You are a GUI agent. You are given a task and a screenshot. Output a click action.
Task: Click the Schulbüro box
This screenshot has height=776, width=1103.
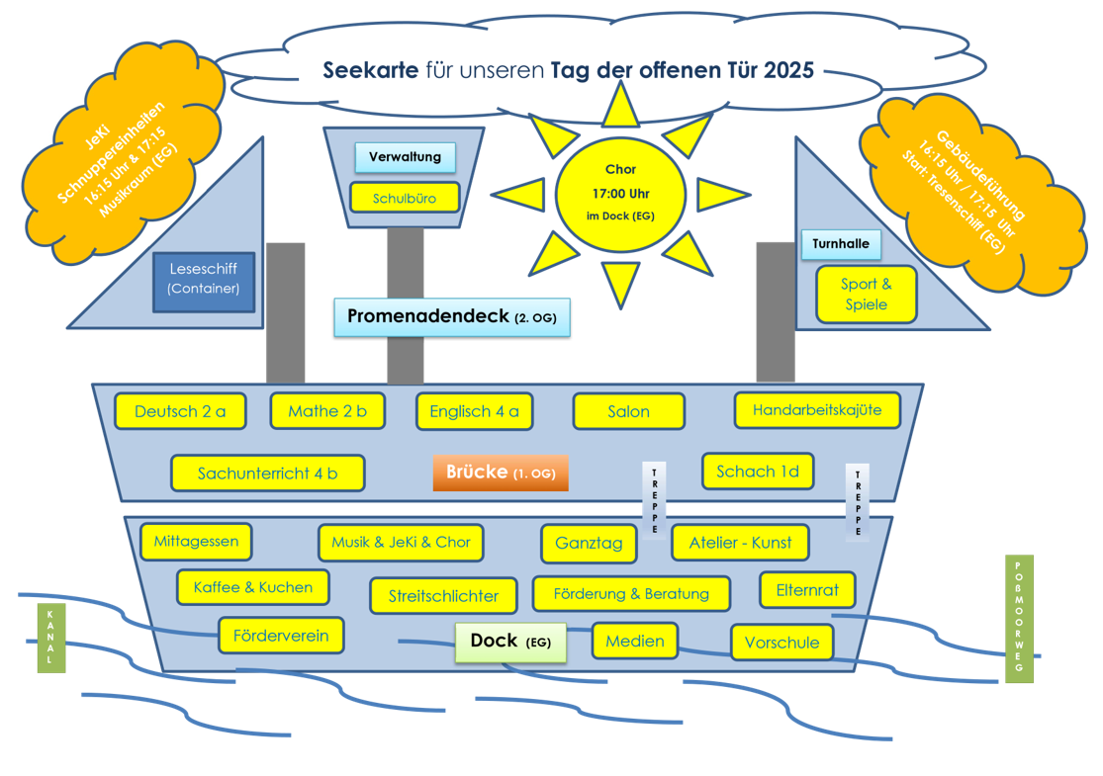click(405, 198)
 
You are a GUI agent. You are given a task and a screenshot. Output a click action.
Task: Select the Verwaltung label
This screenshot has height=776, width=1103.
click(405, 157)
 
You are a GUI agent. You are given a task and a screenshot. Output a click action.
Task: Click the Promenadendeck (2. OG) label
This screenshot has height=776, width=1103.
click(452, 317)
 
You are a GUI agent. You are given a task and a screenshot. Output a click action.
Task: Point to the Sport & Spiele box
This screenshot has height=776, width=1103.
click(866, 294)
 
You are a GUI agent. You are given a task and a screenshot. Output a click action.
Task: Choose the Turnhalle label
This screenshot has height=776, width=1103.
click(841, 243)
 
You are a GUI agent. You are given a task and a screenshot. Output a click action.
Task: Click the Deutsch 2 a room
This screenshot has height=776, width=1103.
click(180, 411)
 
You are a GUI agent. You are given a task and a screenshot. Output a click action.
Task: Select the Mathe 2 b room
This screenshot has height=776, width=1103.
click(327, 411)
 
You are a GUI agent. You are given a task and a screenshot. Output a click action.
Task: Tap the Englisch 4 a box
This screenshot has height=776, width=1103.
click(474, 412)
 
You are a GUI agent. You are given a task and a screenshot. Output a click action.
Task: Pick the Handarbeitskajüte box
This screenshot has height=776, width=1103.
click(817, 410)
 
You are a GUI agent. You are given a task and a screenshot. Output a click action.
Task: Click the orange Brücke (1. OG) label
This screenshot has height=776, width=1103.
click(500, 473)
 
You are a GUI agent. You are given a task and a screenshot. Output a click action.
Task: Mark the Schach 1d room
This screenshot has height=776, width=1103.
click(757, 472)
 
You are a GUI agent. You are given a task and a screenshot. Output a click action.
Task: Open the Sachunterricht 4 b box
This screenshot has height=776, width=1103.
click(267, 474)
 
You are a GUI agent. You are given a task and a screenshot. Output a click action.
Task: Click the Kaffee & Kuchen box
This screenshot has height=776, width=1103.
click(253, 587)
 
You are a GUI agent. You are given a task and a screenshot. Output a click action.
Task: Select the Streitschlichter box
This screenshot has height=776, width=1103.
click(444, 596)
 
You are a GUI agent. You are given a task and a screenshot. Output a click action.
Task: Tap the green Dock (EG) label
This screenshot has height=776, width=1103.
click(510, 642)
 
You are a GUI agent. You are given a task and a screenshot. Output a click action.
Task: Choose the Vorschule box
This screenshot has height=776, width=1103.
click(781, 643)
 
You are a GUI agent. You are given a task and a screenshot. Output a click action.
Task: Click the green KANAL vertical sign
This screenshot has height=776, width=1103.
click(50, 638)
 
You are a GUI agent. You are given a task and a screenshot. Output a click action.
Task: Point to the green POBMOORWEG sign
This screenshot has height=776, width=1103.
click(1019, 619)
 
